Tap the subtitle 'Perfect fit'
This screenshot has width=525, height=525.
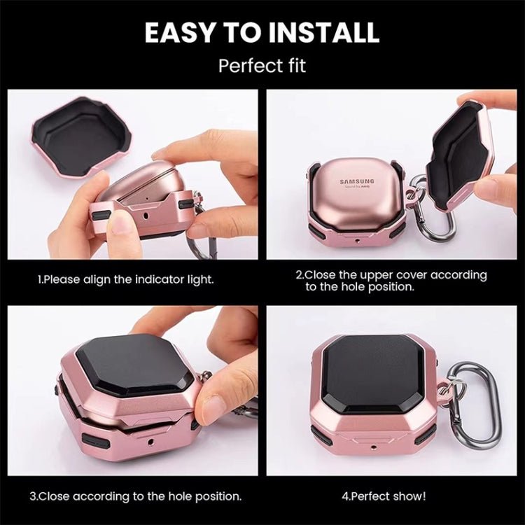[262, 66]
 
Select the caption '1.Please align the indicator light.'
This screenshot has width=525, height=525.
[125, 279]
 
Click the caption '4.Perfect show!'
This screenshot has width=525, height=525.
[383, 496]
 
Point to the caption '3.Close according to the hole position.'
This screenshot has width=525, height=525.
[136, 496]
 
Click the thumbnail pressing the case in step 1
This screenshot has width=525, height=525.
[121, 222]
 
